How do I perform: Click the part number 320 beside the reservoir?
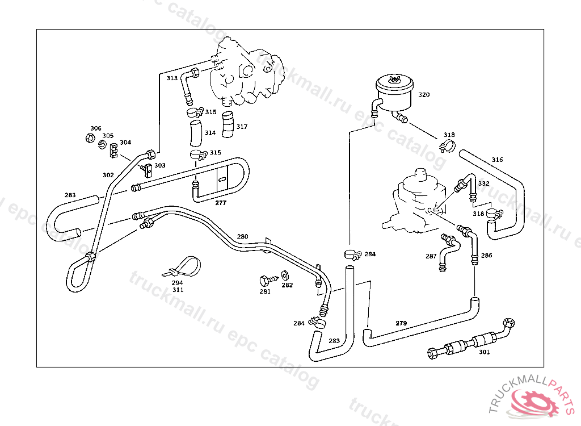tap(424, 95)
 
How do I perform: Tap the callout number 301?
tap(484, 352)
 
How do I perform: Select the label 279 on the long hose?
tap(401, 323)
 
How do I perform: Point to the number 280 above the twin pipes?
tap(242, 236)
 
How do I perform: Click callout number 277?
tap(221, 202)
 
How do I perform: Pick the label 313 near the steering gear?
tap(172, 78)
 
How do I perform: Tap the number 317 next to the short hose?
tap(242, 127)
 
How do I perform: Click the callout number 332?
tap(483, 183)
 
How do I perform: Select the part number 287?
tap(431, 256)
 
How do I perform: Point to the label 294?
tap(178, 282)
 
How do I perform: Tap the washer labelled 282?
tap(284, 277)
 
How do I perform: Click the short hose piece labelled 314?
tap(195, 133)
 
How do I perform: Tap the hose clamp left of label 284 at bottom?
tap(318, 322)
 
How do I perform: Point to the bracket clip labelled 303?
tap(148, 169)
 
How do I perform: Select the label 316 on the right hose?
tap(497, 160)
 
